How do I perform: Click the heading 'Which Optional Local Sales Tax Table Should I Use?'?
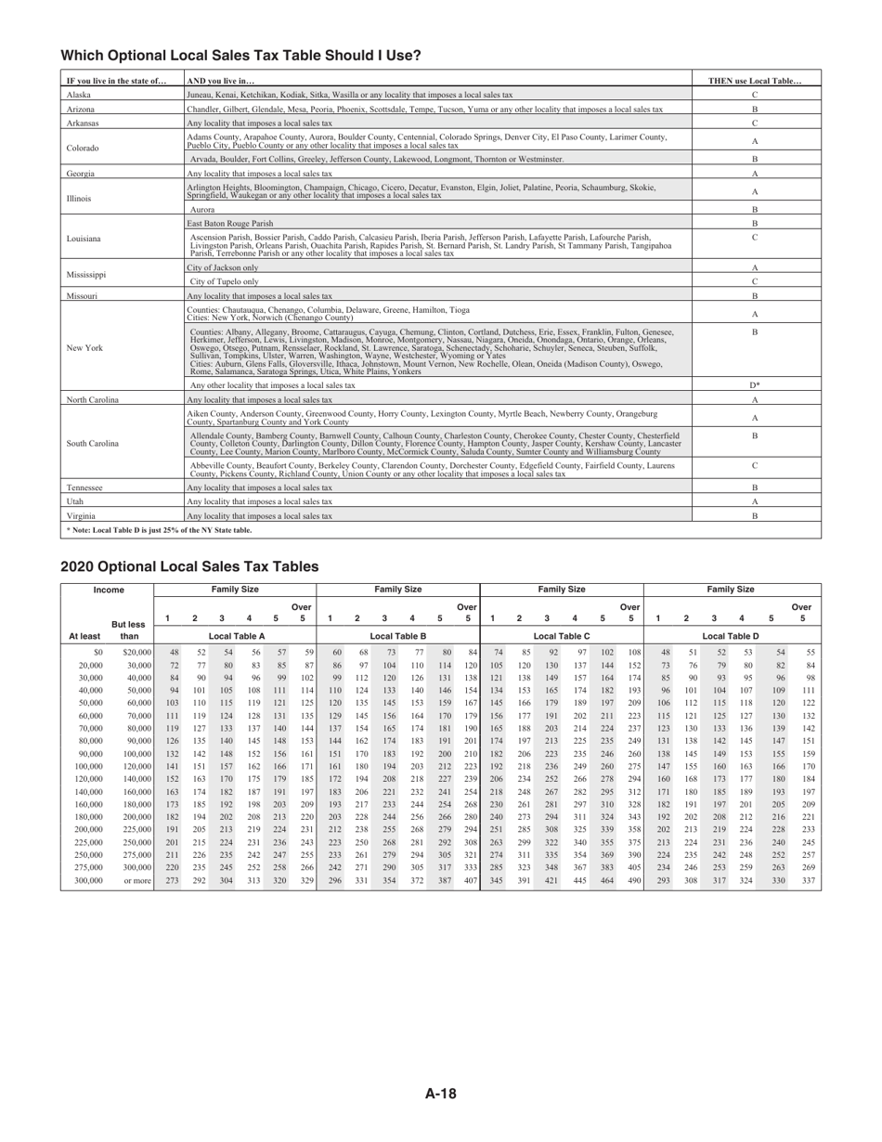pos(240,56)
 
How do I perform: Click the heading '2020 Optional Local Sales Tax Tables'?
pos(189,566)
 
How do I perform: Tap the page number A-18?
pos(441,1094)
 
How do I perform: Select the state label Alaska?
pos(79,95)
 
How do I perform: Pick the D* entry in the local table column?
pos(755,384)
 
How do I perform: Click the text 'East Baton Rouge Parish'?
pos(230,223)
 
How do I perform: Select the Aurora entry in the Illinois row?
pos(202,209)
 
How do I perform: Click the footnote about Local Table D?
pos(158,530)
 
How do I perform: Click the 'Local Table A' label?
pos(236,636)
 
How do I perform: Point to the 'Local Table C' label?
pos(562,636)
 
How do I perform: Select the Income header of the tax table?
pos(109,590)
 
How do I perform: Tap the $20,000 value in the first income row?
pos(136,652)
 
